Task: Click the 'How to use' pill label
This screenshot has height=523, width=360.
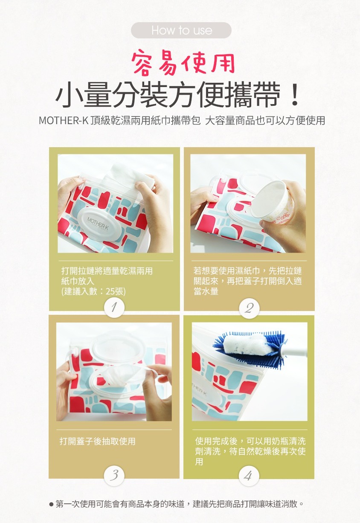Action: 181,30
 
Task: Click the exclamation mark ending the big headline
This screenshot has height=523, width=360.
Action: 295,95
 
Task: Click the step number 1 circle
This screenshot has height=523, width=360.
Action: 114,308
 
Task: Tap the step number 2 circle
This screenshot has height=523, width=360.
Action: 249,308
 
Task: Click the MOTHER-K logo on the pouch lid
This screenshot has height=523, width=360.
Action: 98,223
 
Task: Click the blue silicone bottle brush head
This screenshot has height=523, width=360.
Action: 250,346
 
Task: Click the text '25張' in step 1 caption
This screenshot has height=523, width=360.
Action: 114,291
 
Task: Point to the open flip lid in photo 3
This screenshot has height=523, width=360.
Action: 118,346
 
